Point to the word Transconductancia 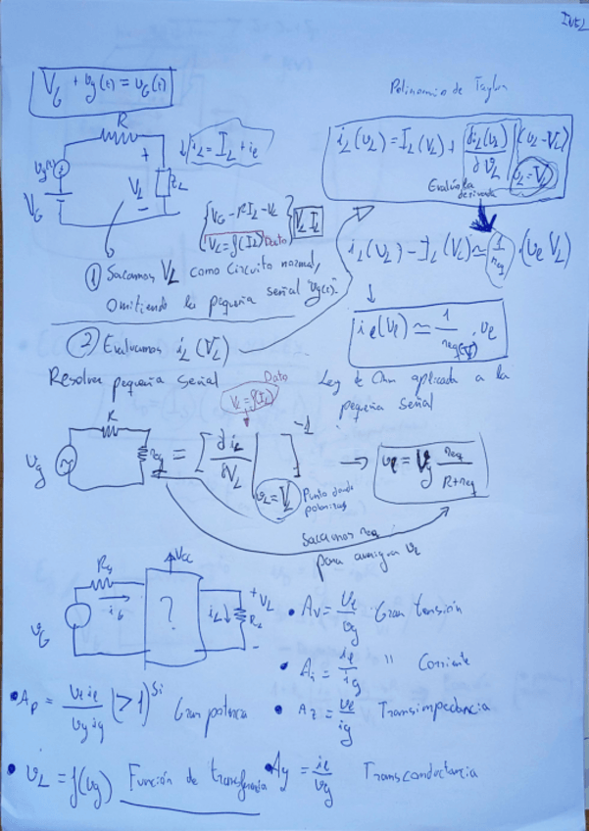point(419,772)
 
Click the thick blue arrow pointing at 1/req point(486,223)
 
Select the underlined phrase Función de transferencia point(186,781)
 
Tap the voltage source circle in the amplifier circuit point(73,618)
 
